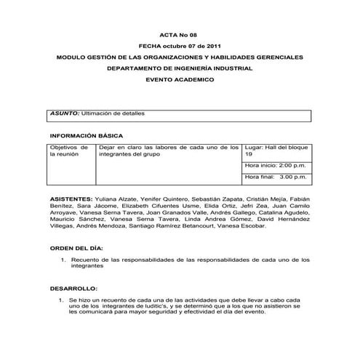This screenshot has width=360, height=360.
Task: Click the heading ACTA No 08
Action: (x=179, y=34)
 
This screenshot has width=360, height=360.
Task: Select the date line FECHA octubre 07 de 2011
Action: (x=179, y=46)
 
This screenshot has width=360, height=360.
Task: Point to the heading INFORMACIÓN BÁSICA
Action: (x=86, y=136)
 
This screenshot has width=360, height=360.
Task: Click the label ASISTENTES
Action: (x=71, y=198)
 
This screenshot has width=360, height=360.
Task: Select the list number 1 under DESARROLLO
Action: (x=60, y=300)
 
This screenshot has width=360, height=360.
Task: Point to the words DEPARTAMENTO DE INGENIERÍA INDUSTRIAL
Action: (x=180, y=68)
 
